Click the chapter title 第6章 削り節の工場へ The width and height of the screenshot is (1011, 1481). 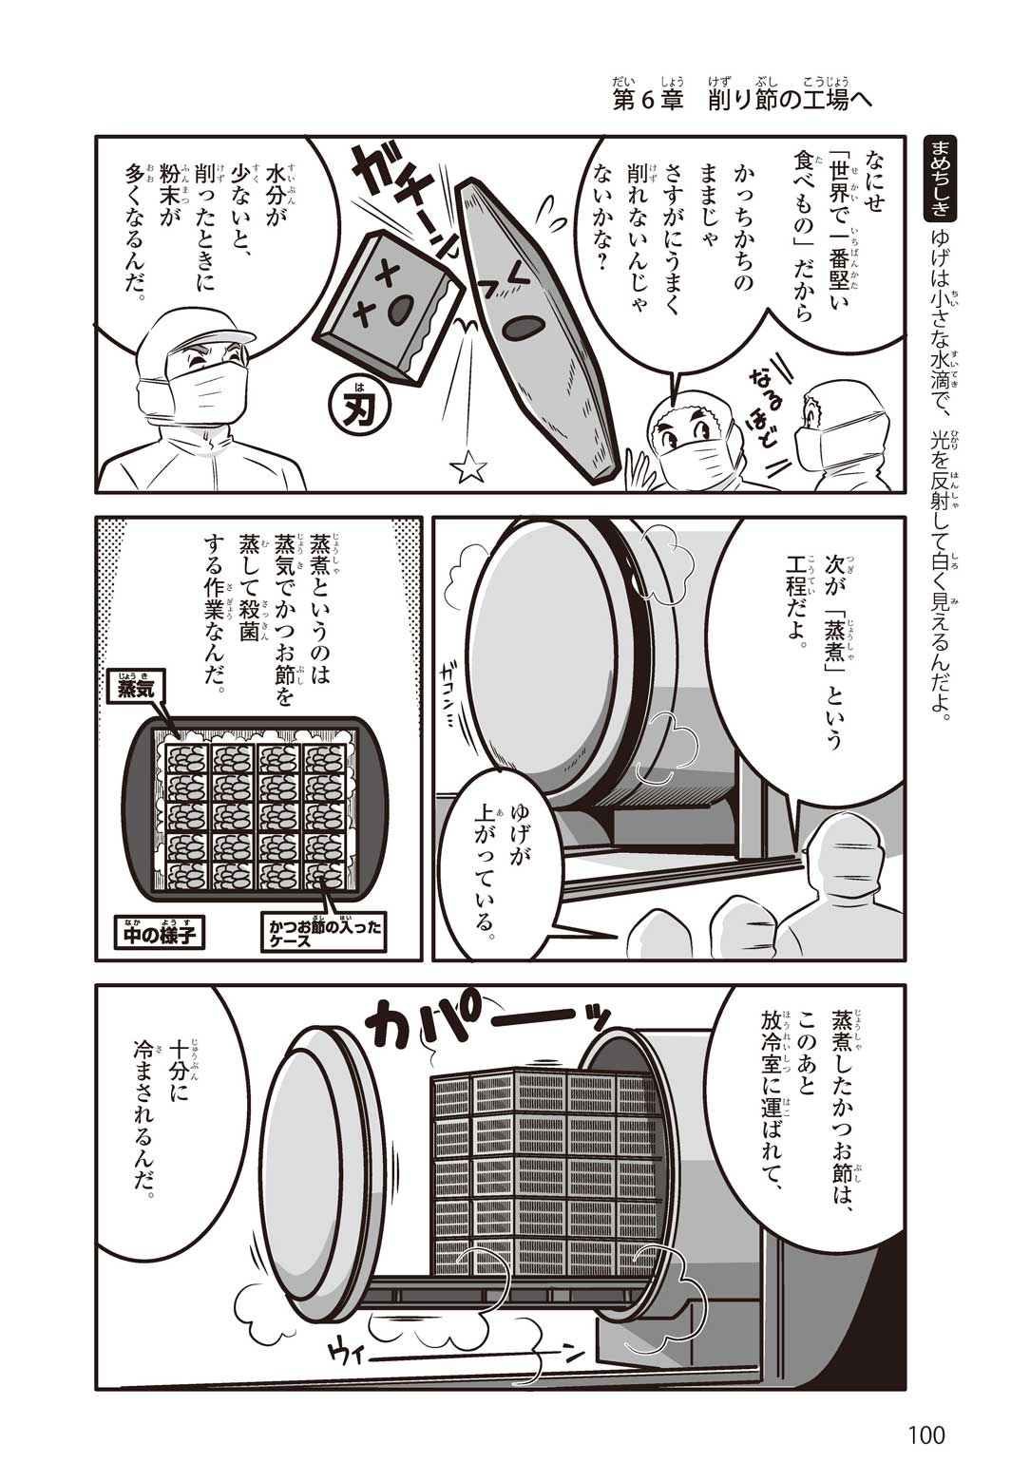pyautogui.click(x=740, y=101)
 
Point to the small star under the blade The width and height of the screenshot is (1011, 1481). pyautogui.click(x=469, y=466)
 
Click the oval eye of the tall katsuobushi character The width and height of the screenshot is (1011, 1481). pyautogui.click(x=523, y=328)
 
